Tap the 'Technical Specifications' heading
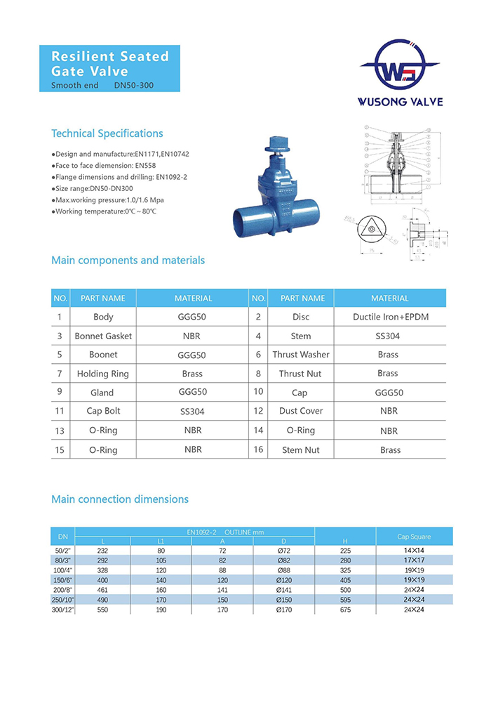[x=107, y=133]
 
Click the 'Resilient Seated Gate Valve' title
[x=110, y=63]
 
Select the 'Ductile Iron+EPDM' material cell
[x=390, y=317]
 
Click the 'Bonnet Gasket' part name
[x=103, y=336]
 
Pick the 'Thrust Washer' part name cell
[x=301, y=355]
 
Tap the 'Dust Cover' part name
[x=301, y=411]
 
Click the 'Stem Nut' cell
[x=301, y=449]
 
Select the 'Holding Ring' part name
[x=103, y=374]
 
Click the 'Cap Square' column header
[x=414, y=537]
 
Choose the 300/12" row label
[x=63, y=610]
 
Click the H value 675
[x=344, y=610]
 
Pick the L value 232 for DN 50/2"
[x=102, y=551]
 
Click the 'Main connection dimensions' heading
[x=120, y=499]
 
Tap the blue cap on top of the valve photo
[x=274, y=145]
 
